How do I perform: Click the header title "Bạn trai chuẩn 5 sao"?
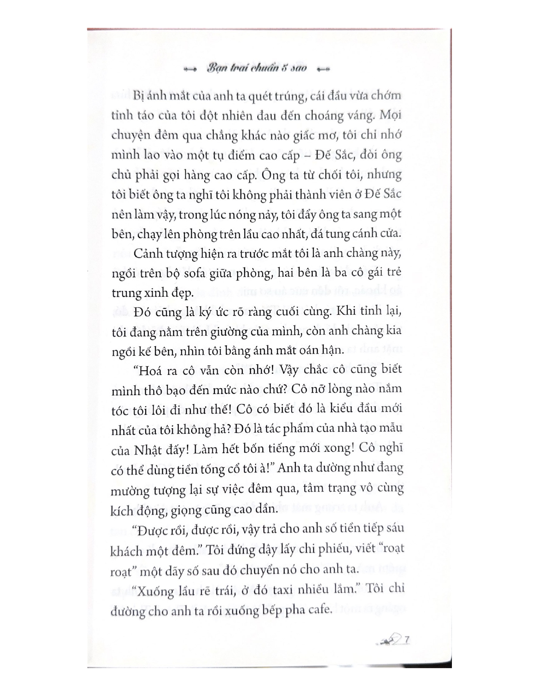click(x=257, y=69)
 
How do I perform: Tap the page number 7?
click(x=407, y=640)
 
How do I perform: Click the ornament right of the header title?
click(x=323, y=70)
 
